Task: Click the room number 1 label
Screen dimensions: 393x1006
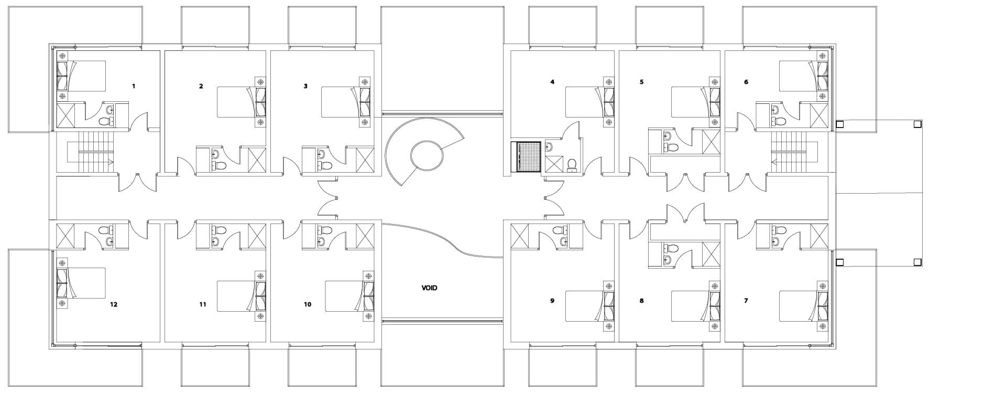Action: click(134, 86)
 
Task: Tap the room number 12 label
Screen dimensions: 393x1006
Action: click(114, 304)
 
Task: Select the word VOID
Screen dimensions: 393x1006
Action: click(429, 288)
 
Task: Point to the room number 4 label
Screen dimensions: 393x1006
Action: click(552, 82)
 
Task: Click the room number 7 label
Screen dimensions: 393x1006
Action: click(746, 301)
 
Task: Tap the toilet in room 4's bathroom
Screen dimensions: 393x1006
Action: click(572, 165)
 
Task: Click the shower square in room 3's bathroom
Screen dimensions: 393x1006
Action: click(365, 160)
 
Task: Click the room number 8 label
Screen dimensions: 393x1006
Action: click(641, 301)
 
